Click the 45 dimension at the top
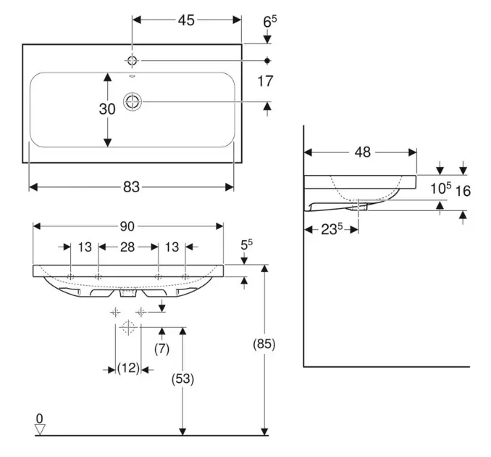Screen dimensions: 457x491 186,20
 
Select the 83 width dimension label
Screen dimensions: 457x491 130,187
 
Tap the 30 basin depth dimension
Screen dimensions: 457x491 107,109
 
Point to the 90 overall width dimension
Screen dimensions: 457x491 130,226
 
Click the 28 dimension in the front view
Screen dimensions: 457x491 127,247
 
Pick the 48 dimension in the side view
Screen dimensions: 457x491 363,152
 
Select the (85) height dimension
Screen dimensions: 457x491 267,345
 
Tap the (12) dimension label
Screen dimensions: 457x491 128,369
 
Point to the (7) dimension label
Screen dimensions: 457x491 161,349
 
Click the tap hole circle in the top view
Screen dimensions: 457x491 133,59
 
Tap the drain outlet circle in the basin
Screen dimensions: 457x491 133,102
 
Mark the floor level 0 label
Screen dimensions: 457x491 40,419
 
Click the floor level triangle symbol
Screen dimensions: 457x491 40,429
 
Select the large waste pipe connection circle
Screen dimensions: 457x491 128,328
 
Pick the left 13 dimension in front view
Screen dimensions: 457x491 85,247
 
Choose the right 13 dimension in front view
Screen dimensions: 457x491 172,247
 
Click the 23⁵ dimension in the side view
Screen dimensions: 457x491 330,230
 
